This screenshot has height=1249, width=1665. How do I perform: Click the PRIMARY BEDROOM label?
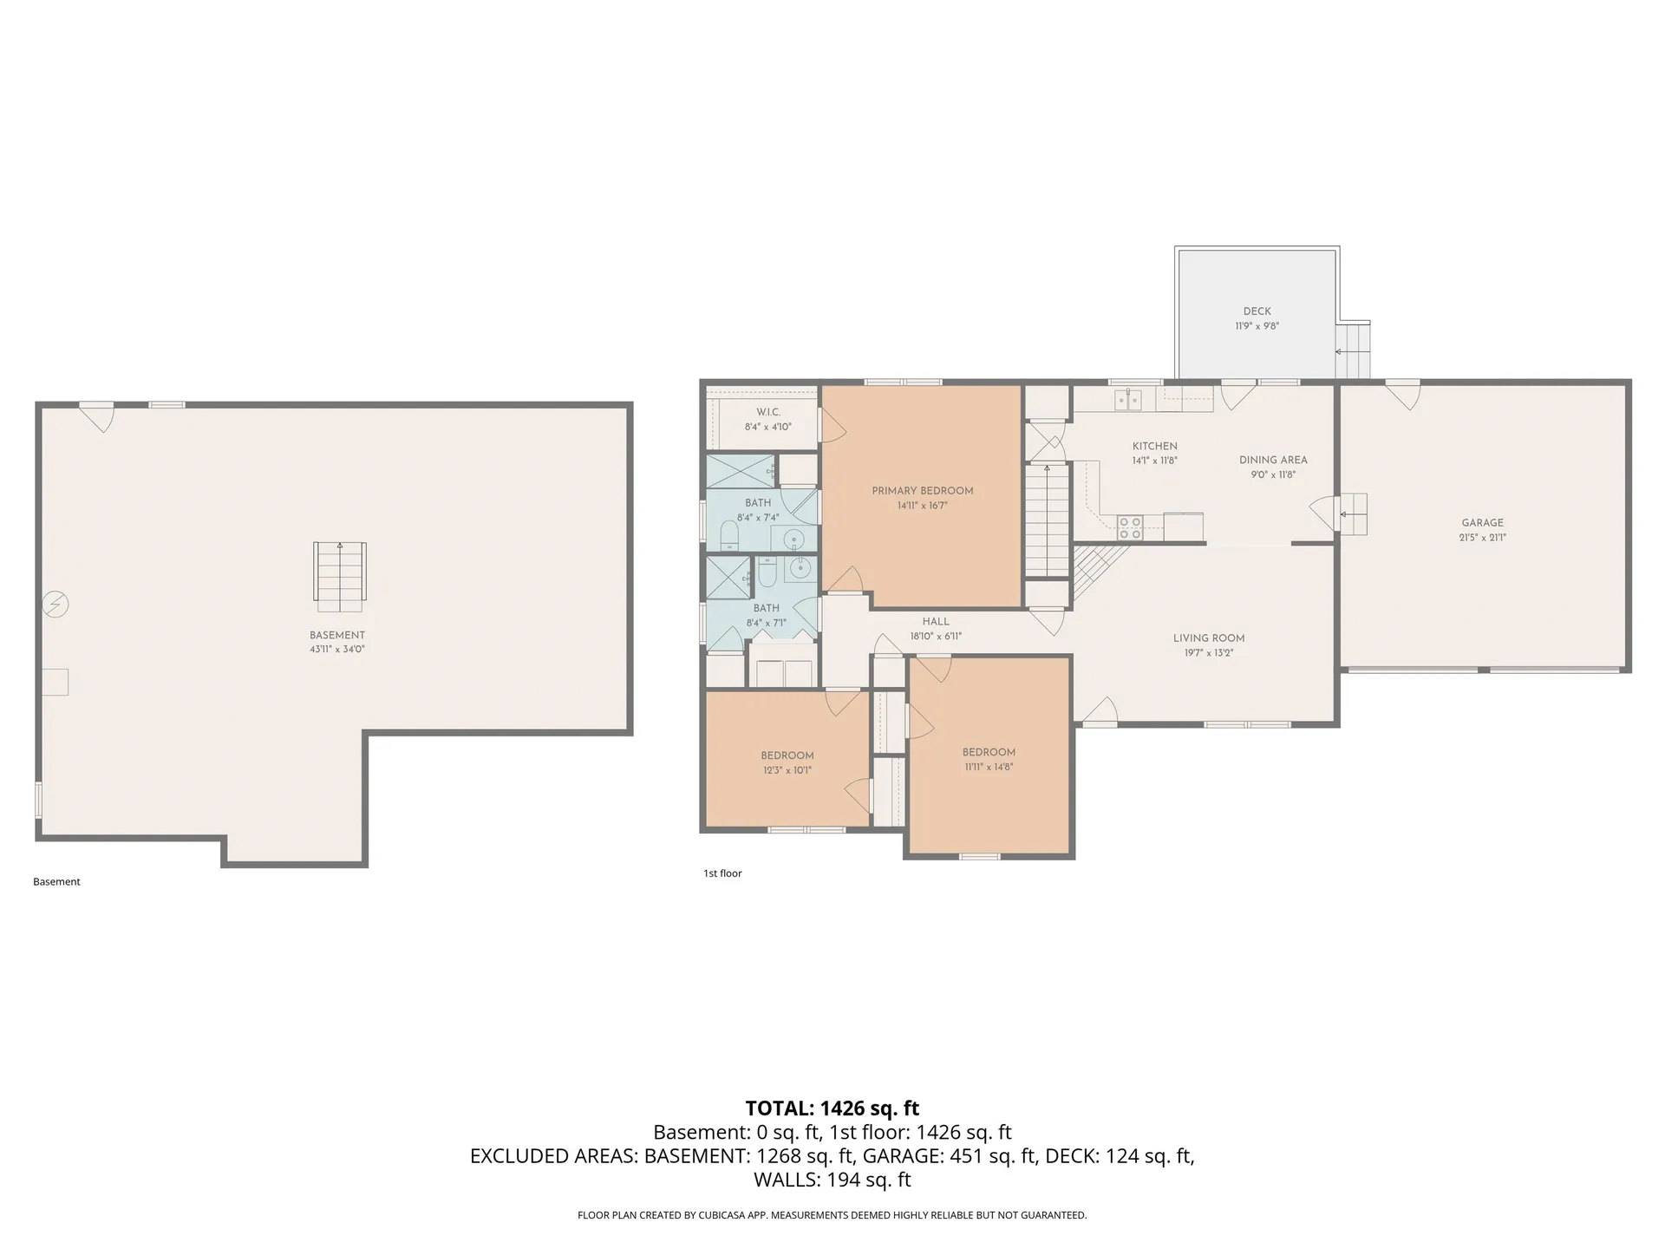pyautogui.click(x=922, y=491)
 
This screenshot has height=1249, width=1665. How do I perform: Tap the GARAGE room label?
pyautogui.click(x=1482, y=523)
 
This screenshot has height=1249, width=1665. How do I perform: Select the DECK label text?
pyautogui.click(x=1257, y=311)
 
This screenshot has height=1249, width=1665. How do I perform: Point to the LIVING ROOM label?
pyautogui.click(x=1209, y=638)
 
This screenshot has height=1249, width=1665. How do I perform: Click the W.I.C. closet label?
pyautogui.click(x=768, y=412)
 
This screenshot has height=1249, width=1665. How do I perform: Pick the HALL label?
pyautogui.click(x=936, y=622)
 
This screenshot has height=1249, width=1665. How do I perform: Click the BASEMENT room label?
pyautogui.click(x=337, y=635)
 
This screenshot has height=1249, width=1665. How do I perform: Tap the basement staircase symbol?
pyautogui.click(x=340, y=571)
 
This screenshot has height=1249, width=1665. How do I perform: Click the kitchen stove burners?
pyautogui.click(x=1129, y=523)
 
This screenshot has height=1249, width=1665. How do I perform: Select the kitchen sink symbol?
pyautogui.click(x=1127, y=400)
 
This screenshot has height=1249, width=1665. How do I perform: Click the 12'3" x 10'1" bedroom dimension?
pyautogui.click(x=787, y=770)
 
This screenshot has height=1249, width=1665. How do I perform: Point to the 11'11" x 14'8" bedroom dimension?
pyautogui.click(x=989, y=767)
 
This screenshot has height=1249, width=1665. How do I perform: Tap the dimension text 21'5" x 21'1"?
pyautogui.click(x=1482, y=538)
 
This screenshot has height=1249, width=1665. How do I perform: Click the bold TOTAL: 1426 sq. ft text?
pyautogui.click(x=832, y=1108)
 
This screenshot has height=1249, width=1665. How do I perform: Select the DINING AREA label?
pyautogui.click(x=1273, y=461)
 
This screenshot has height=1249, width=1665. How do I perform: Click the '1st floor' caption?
pyautogui.click(x=722, y=873)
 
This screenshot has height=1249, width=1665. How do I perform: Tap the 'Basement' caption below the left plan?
pyautogui.click(x=56, y=882)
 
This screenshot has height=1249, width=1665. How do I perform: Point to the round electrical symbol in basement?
pyautogui.click(x=55, y=604)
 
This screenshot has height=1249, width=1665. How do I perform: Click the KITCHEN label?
pyautogui.click(x=1154, y=447)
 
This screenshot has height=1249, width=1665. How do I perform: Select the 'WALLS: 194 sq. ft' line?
pyautogui.click(x=832, y=1180)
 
